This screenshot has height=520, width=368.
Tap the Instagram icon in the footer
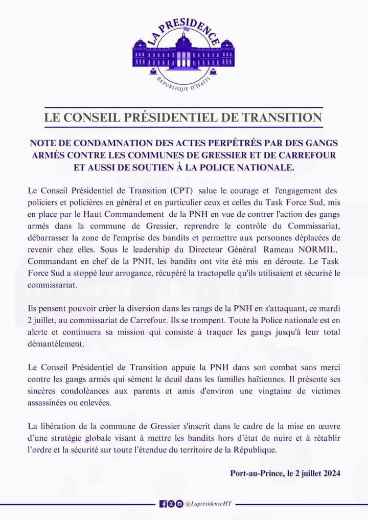coord(179,504)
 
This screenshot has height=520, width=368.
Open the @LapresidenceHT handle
coord(209,504)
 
